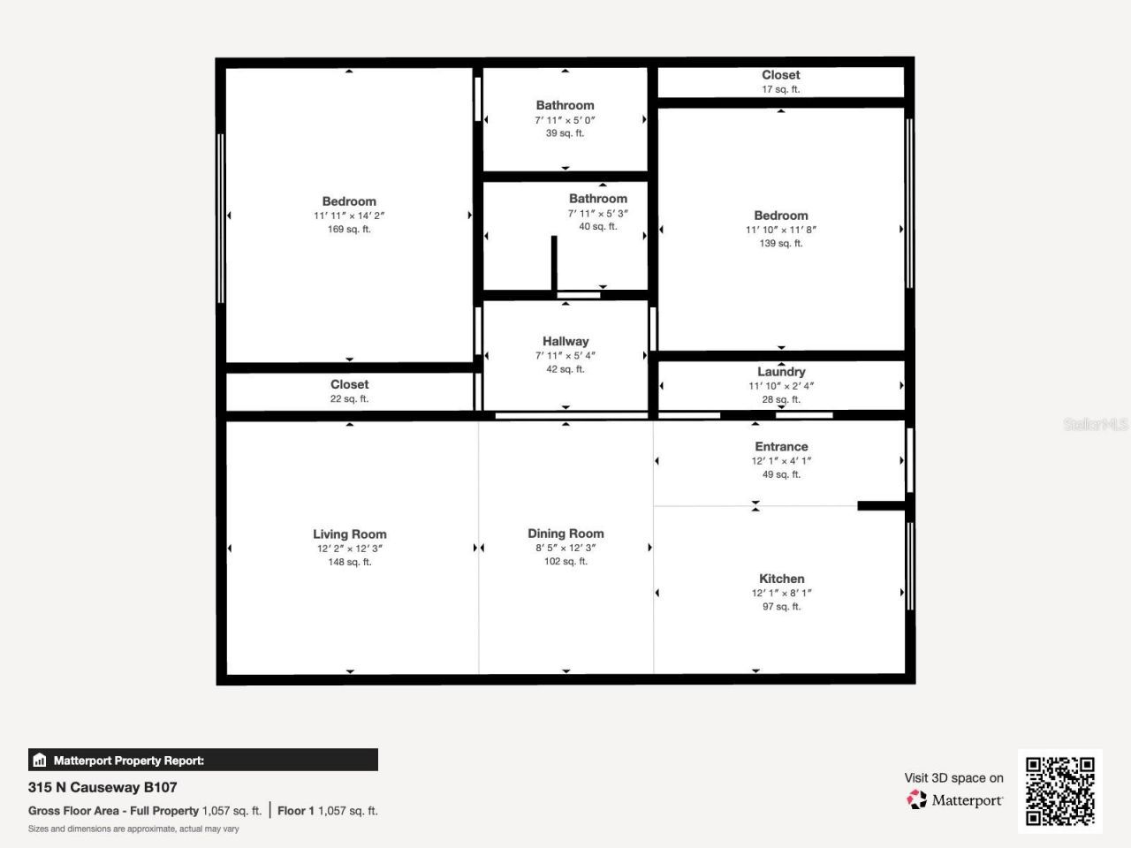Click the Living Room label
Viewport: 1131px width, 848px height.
[x=349, y=534]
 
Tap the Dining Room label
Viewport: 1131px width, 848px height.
[x=565, y=534]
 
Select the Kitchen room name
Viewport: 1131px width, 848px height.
[x=781, y=579]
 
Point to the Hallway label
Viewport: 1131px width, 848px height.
[x=565, y=341]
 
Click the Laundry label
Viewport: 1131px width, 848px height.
[x=781, y=372]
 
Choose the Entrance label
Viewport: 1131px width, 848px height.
[x=781, y=447]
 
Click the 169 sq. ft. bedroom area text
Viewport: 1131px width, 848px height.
[x=349, y=230]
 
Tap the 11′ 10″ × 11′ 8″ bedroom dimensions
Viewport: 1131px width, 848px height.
[x=781, y=230]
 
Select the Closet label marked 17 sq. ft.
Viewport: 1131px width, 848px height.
[x=781, y=75]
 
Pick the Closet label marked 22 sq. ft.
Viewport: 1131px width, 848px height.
[x=349, y=384]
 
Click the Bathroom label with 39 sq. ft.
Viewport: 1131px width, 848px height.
[x=565, y=105]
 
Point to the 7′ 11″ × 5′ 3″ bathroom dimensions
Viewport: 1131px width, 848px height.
[x=598, y=213]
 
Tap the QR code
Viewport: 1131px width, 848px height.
[x=1059, y=791]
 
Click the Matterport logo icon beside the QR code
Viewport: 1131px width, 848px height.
[x=917, y=799]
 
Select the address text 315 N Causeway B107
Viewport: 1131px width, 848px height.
[x=102, y=787]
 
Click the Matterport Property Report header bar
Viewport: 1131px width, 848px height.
[x=203, y=760]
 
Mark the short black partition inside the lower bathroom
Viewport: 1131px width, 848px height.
[x=554, y=262]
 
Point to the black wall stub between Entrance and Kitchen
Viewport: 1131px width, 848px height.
[x=881, y=506]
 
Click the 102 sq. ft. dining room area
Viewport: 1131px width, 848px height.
[x=565, y=562]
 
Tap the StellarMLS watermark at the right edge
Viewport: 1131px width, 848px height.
[x=1096, y=425]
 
